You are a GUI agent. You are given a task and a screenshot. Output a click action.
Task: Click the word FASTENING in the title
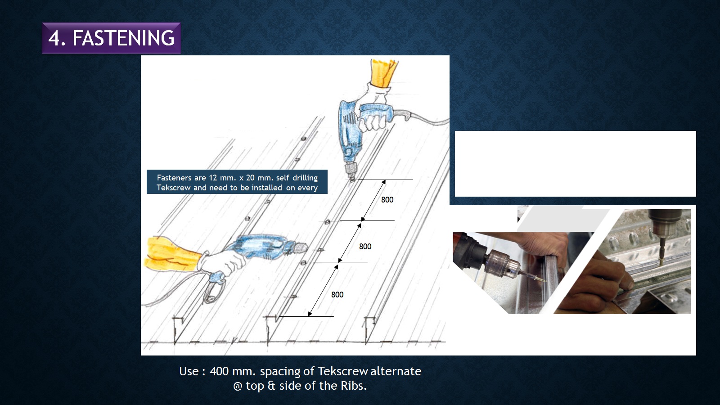(123, 38)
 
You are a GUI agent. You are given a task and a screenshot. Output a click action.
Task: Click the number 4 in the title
(54, 38)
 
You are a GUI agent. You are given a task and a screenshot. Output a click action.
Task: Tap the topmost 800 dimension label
(387, 200)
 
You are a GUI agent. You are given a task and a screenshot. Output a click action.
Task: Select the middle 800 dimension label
(365, 247)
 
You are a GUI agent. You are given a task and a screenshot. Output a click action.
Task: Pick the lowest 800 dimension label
(337, 294)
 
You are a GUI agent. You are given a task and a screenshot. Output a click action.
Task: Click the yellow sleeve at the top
(384, 72)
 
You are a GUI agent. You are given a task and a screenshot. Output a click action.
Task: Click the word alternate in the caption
(396, 371)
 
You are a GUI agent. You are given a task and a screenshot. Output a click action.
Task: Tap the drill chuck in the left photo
(503, 264)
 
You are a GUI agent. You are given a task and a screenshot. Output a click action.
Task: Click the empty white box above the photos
(576, 164)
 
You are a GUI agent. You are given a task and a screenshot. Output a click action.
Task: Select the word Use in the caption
(189, 371)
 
